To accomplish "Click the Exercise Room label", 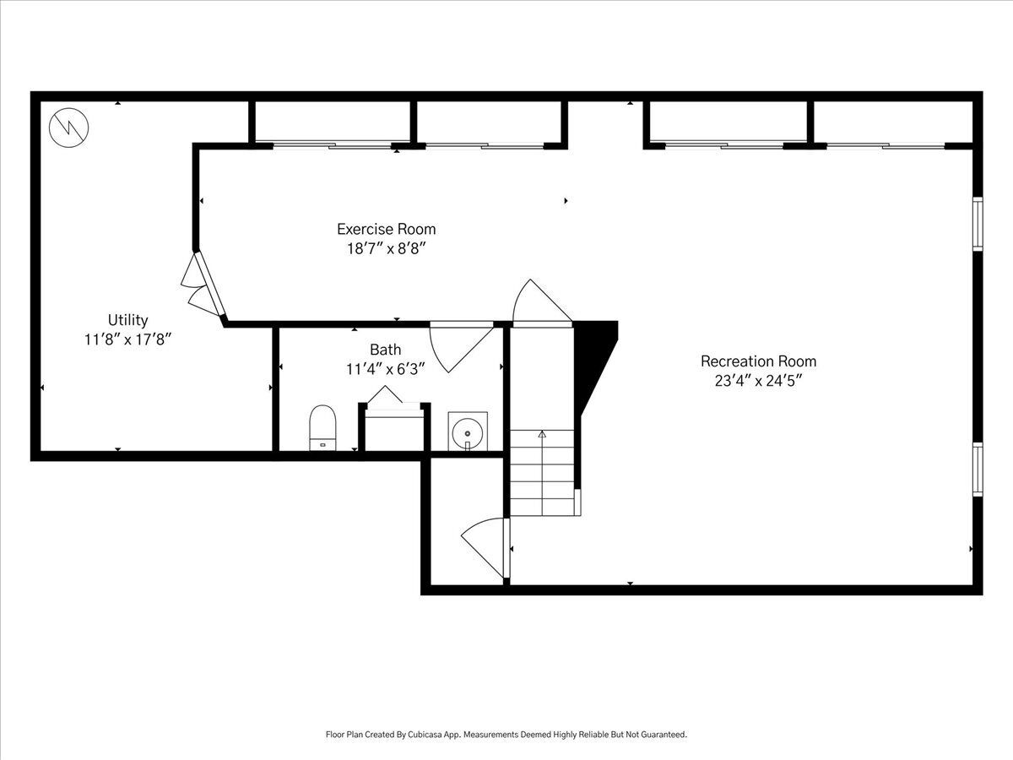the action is point(387,229).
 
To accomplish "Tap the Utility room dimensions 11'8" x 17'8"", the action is point(127,339).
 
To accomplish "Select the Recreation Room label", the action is point(758,361).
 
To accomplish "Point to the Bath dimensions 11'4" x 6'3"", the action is point(385,369).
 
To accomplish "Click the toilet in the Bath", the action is point(322,428).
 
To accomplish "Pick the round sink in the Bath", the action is point(468,432).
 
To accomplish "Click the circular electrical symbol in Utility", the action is point(68,128).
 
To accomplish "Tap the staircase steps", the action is point(542,473).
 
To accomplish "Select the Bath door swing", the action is point(462,347).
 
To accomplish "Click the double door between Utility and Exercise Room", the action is point(203,285).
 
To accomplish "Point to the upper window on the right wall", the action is point(978,224).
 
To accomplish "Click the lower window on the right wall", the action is point(978,470).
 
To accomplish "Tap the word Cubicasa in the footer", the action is point(425,734).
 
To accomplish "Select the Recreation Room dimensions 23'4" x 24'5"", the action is point(758,381).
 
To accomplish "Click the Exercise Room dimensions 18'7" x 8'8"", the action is point(387,249).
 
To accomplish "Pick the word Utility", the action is point(127,320).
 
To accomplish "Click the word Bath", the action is point(385,350).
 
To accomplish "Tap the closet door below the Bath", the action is point(485,548).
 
